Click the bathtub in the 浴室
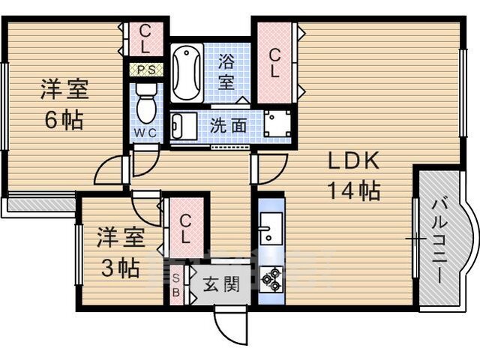click(187, 73)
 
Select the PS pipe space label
click(146, 70)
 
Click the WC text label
click(146, 133)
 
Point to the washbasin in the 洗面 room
click(184, 126)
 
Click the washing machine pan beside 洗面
click(277, 124)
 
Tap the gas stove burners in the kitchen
click(271, 279)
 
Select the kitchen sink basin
click(271, 227)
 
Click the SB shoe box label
click(176, 285)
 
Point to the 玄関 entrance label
click(221, 284)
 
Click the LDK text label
click(353, 160)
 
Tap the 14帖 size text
click(354, 190)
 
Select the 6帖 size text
click(64, 120)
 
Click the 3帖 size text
click(120, 268)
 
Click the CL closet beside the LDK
click(274, 63)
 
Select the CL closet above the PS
click(145, 39)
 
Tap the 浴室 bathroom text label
click(226, 73)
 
